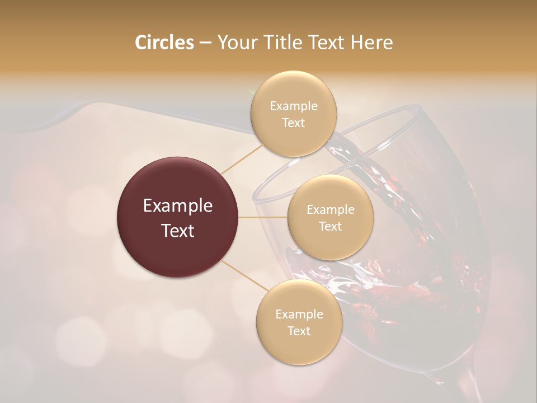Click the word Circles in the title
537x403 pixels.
click(x=164, y=43)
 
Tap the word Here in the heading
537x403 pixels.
click(x=371, y=43)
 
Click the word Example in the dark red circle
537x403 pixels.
click(x=178, y=206)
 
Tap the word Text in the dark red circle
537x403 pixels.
click(x=178, y=231)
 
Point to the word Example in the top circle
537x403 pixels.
click(x=294, y=106)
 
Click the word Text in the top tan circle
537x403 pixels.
click(x=293, y=123)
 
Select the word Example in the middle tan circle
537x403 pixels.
click(x=331, y=210)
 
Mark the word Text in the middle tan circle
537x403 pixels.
click(x=330, y=227)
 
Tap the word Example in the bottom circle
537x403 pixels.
click(x=299, y=315)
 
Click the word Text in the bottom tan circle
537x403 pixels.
click(x=299, y=331)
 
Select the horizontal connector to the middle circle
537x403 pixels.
click(x=263, y=217)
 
